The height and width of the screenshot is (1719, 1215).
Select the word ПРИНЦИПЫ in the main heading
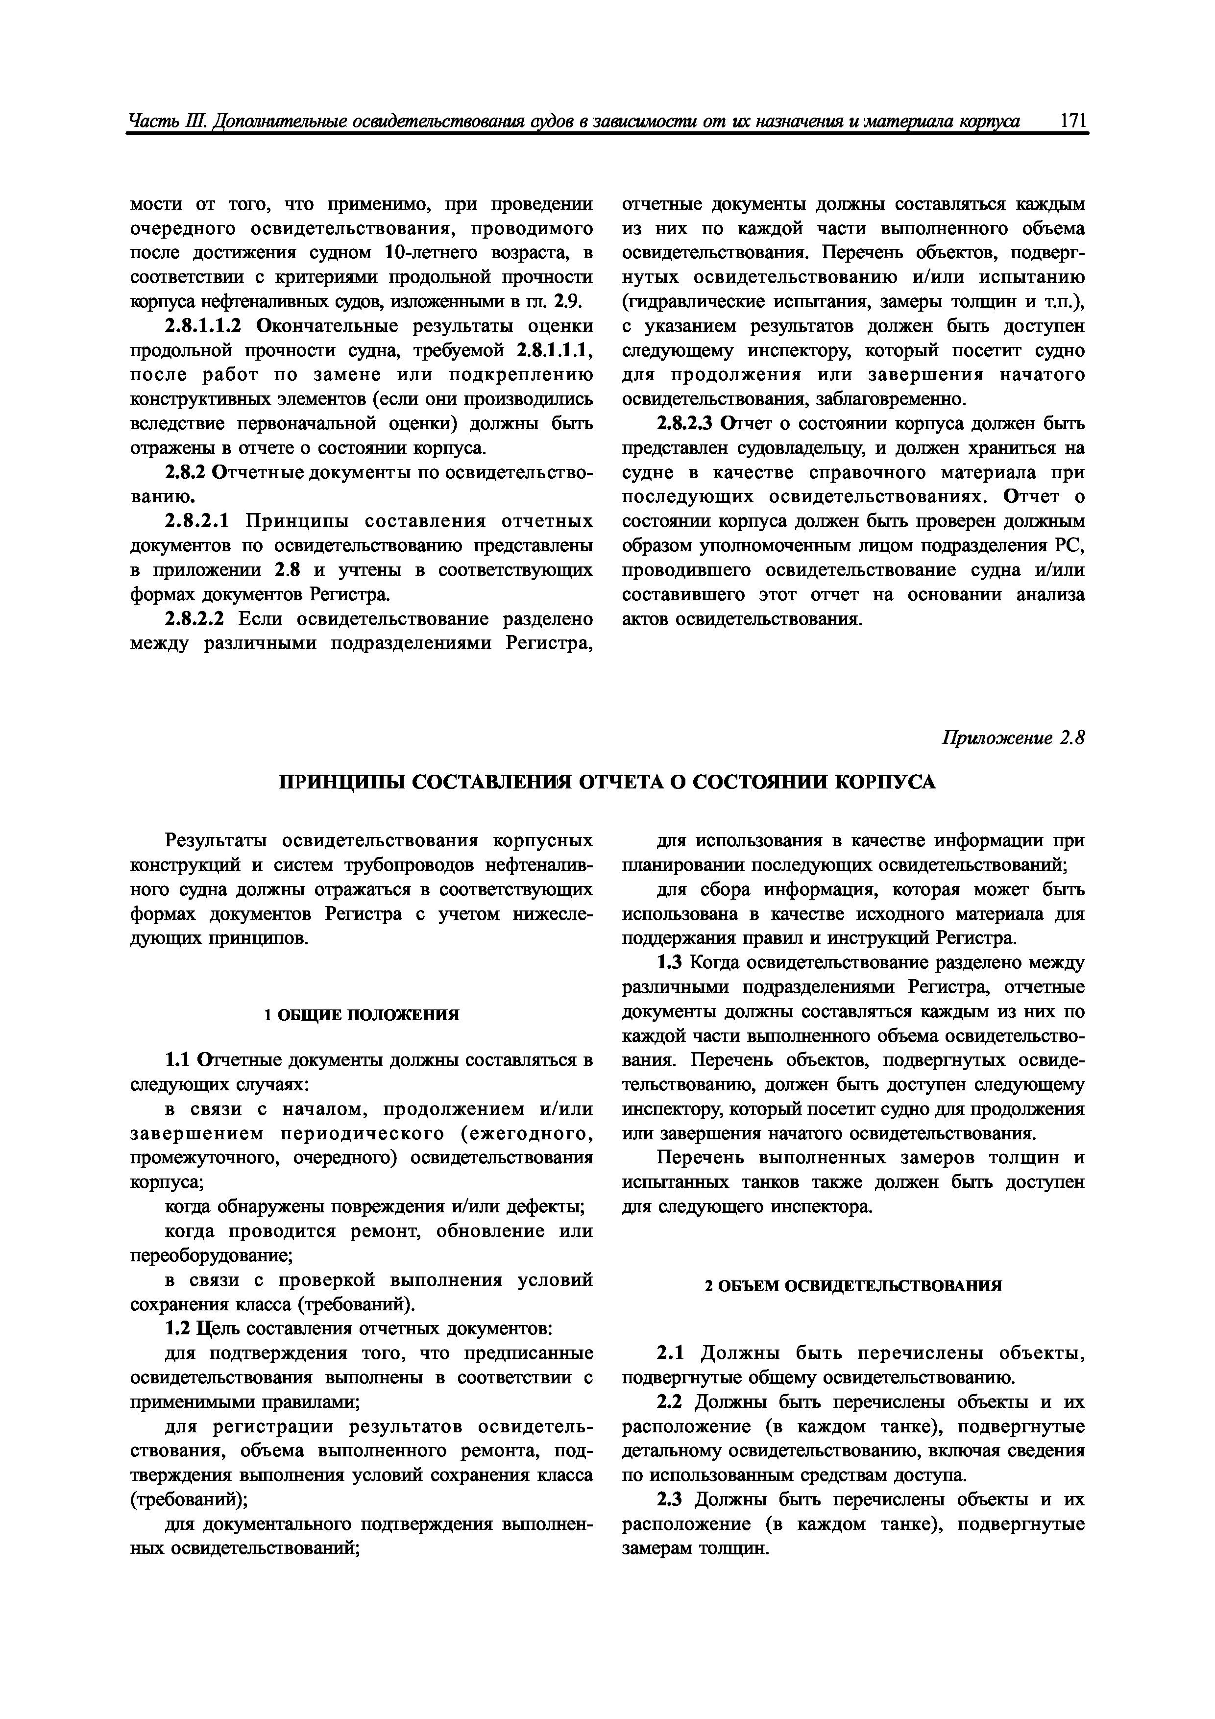coord(341,783)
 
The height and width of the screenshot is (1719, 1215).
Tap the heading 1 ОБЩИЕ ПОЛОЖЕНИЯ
coord(362,1015)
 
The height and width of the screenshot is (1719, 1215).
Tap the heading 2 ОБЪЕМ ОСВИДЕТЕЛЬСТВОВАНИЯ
coord(853,1286)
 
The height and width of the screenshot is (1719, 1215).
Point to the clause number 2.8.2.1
coord(198,521)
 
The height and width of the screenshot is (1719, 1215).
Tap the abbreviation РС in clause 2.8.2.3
coord(1071,546)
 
